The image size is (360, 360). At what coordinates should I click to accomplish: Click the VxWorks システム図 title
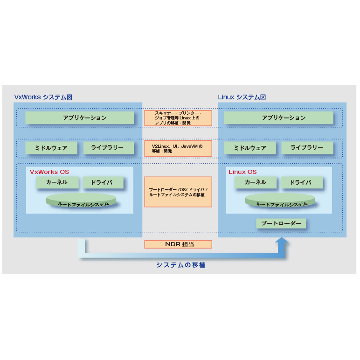point(43,97)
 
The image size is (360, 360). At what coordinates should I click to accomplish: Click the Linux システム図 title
point(242,97)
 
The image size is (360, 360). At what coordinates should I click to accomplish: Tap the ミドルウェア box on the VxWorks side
point(51,148)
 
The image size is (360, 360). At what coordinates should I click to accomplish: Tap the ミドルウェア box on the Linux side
point(250,148)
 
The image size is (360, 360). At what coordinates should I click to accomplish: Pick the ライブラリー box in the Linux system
point(307,148)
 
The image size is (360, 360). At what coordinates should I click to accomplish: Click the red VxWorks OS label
point(49,172)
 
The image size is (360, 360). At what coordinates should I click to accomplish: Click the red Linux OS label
point(242,172)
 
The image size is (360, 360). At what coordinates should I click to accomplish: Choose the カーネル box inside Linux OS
point(255,182)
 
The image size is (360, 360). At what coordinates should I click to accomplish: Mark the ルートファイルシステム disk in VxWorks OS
point(81,201)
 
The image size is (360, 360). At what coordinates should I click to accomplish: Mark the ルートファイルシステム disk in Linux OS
point(280,201)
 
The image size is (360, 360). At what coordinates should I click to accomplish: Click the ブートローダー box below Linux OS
point(281,223)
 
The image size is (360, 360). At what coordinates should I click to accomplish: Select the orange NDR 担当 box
point(178,244)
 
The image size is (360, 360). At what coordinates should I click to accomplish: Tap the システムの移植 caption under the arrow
point(180,265)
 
